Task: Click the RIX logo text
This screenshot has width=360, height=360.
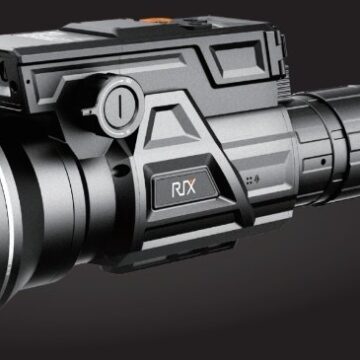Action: [x=184, y=189]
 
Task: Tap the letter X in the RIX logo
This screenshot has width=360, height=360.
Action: [x=191, y=188]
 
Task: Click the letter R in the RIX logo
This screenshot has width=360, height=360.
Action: [x=176, y=190]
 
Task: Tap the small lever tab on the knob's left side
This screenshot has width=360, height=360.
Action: [x=89, y=111]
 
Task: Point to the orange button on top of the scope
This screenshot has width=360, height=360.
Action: [x=156, y=21]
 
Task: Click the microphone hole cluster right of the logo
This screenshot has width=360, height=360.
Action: [x=252, y=181]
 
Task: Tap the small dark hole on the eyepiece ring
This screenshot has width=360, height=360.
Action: [x=323, y=162]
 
